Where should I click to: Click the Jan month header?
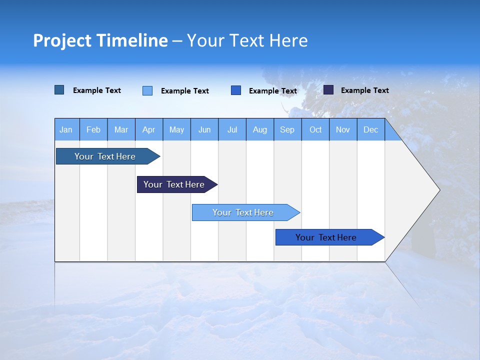point(66,129)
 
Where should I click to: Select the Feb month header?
point(93,129)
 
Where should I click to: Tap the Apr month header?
point(148,129)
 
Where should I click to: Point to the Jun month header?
point(204,129)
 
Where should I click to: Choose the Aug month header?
point(259,129)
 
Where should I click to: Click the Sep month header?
point(287,129)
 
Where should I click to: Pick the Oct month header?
point(315,129)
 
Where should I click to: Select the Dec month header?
point(370,129)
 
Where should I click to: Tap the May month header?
point(176,129)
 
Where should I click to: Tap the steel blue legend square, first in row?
point(59,90)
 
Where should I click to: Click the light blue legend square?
point(147,90)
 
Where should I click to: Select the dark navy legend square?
point(328,90)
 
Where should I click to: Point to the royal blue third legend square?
point(236,90)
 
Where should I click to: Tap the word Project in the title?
point(62,40)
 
